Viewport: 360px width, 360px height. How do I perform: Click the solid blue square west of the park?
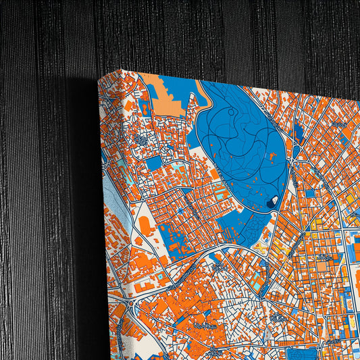pos(154,163)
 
